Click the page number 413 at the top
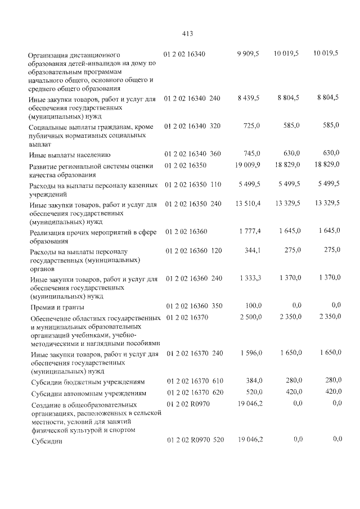(x=188, y=33)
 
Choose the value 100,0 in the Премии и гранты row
(x=251, y=305)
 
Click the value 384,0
(x=251, y=381)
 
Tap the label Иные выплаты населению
(x=70, y=154)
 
